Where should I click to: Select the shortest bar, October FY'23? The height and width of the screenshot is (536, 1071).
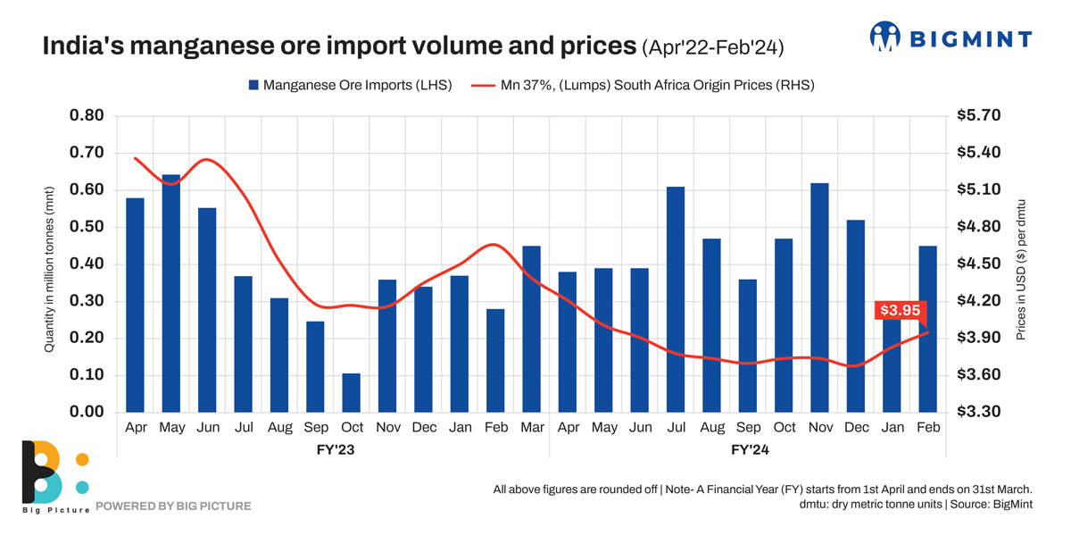pos(352,393)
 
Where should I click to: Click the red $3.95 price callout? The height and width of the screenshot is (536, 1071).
pos(900,311)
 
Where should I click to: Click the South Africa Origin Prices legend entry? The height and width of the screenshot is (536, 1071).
pos(643,86)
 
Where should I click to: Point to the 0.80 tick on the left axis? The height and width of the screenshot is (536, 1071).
pos(87,115)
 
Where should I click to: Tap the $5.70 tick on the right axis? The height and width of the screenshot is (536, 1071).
pos(979,115)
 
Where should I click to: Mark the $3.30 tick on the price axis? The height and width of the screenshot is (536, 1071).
pos(979,412)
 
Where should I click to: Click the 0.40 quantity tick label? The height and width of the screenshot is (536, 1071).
pos(87,264)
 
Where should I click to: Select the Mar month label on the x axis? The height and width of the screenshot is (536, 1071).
pos(532,428)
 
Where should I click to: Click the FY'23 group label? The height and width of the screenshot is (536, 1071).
pos(335,450)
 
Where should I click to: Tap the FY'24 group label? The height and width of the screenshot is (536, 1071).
pos(750,450)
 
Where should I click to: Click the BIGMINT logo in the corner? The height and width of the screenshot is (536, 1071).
pos(951,38)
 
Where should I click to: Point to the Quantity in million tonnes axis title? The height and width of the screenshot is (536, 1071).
pos(50,269)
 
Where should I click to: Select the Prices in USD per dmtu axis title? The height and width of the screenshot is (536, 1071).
pos(1022,269)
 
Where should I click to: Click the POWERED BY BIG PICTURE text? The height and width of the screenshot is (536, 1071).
pos(173,507)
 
